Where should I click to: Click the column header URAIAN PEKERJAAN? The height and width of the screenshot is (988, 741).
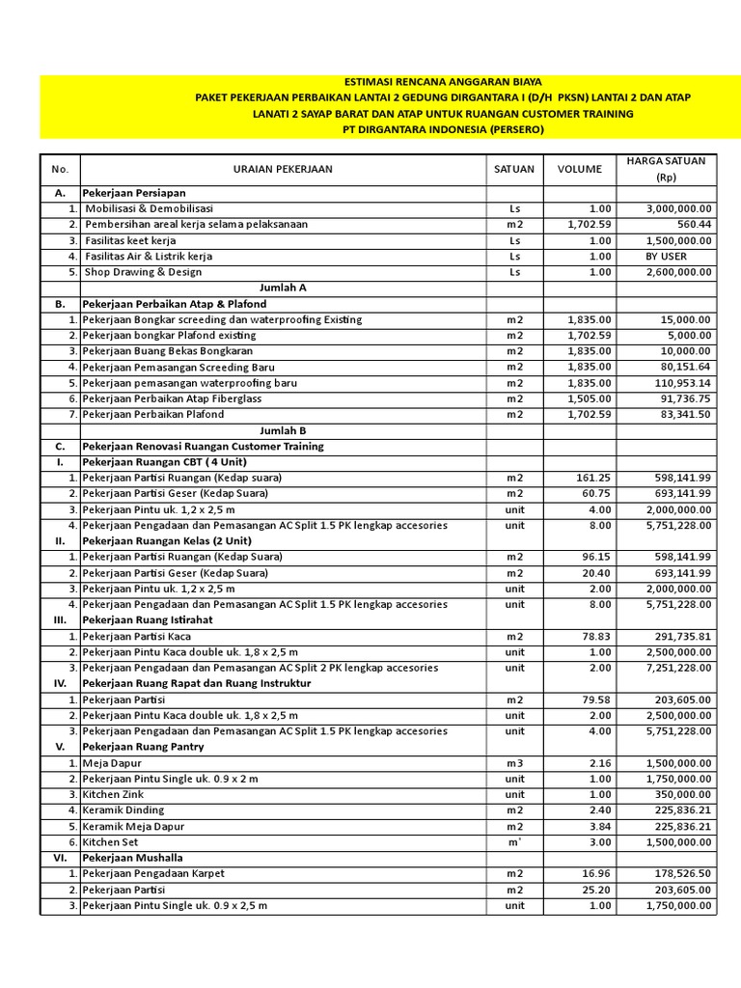coord(282,169)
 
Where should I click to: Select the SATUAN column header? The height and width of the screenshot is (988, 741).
coord(513,169)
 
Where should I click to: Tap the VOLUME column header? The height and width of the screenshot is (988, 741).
coord(579,169)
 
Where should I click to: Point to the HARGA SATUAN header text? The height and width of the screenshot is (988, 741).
coord(666,160)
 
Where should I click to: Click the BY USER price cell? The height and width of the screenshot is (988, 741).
coord(667,257)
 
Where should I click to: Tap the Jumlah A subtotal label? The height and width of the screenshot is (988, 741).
coord(283,288)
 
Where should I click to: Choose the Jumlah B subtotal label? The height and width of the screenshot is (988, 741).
coord(283,430)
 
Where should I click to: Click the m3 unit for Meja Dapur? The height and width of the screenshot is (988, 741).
coord(514,762)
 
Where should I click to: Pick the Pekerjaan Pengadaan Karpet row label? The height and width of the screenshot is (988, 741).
coord(153,873)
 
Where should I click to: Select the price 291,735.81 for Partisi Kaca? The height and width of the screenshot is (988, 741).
coord(681,636)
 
